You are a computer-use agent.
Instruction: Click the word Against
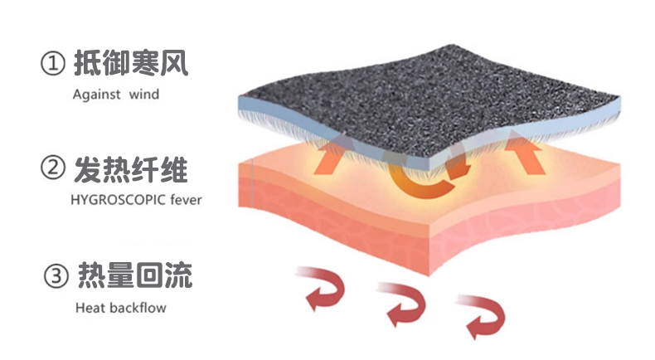coord(95,95)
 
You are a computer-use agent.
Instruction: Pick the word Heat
coord(88,309)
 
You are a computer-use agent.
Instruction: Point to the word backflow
coord(136,309)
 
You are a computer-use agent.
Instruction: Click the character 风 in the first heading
coord(176,64)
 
